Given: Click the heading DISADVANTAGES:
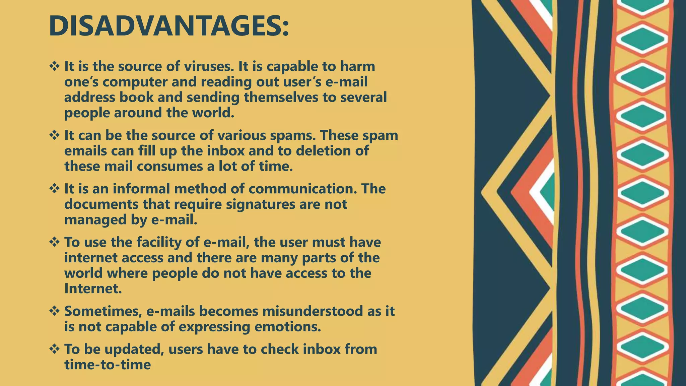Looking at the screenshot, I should point(168,26).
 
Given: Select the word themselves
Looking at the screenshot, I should point(281,97).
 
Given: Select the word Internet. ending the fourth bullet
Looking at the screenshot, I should point(93,288).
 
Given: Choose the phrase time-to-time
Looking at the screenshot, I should point(107,365).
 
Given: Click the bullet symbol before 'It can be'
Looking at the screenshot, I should point(54,135).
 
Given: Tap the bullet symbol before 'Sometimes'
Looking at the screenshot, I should point(54,311).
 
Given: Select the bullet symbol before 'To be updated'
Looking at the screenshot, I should point(54,349).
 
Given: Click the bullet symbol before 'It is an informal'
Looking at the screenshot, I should point(54,189).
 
